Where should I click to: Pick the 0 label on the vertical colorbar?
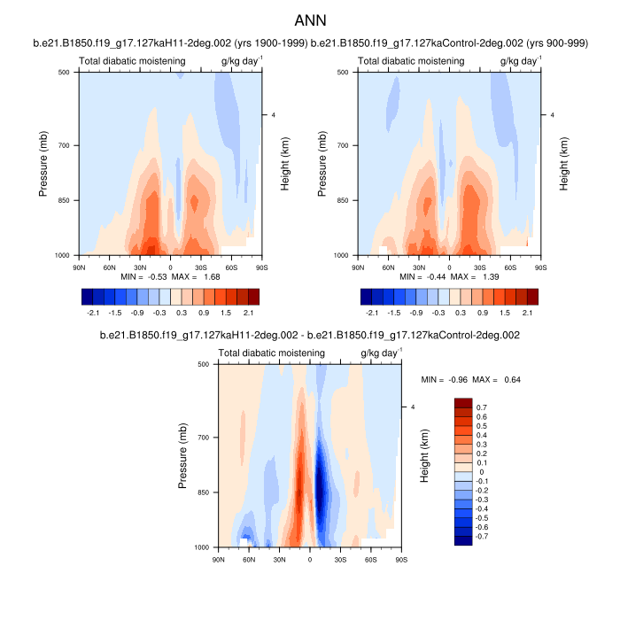click(483, 472)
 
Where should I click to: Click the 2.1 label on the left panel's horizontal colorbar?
click(249, 313)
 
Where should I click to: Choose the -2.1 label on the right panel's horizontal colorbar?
click(372, 313)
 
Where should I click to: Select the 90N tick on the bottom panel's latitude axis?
click(218, 559)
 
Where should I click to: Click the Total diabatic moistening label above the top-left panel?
click(132, 61)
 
